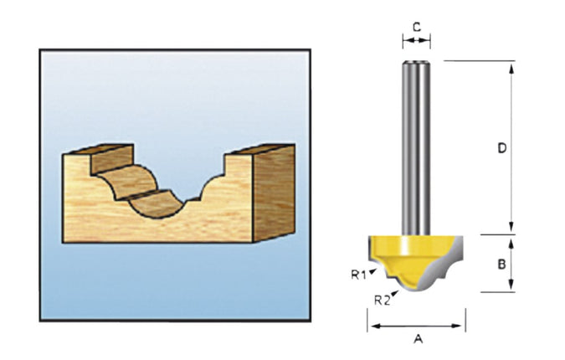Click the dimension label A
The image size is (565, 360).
[418, 339]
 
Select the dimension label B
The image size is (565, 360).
[501, 265]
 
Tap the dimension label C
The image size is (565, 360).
[417, 27]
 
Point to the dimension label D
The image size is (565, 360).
[502, 147]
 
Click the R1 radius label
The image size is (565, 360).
[358, 275]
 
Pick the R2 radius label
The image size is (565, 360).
[382, 300]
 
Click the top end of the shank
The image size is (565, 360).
[416, 62]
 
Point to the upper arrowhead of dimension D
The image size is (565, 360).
[511, 69]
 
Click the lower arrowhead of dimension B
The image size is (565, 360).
[511, 285]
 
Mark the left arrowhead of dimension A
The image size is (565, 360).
[376, 327]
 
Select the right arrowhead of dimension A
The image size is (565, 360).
[457, 327]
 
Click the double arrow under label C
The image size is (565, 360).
[417, 41]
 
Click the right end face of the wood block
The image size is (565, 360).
[274, 193]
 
